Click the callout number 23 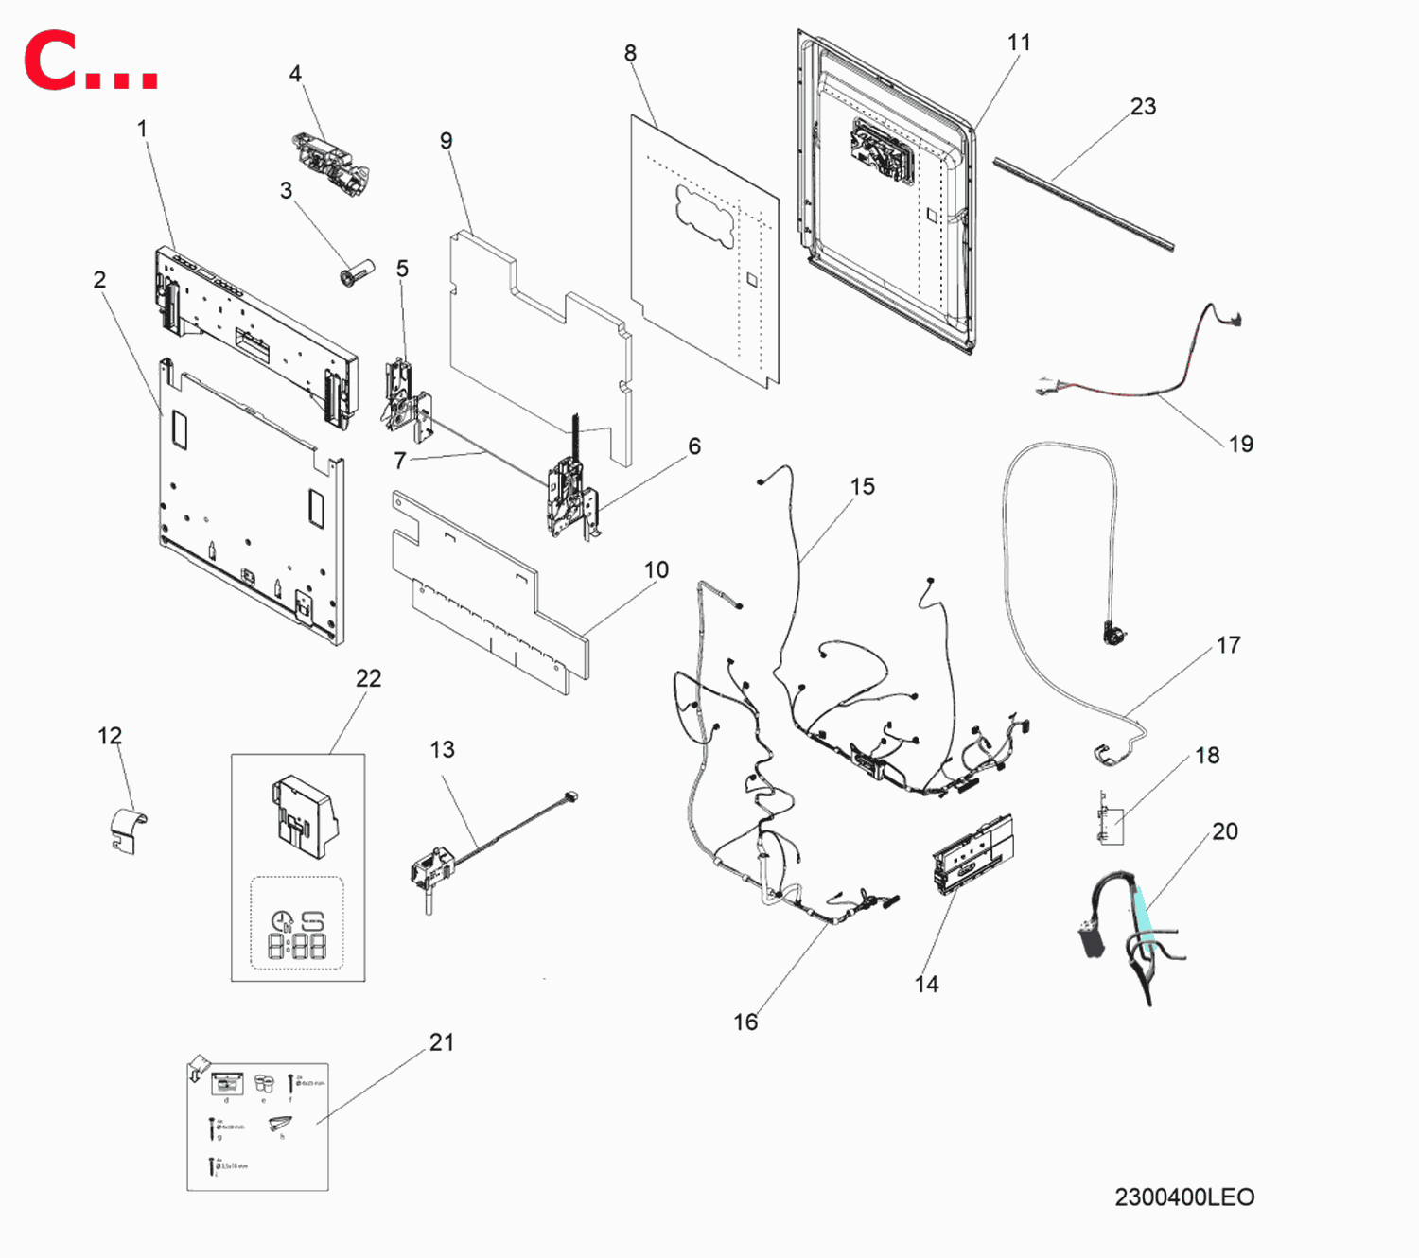point(1143,107)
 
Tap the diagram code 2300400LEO point(1184,1197)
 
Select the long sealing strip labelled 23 point(1083,204)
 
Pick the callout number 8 point(630,54)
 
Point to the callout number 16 point(745,1022)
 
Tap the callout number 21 point(442,1042)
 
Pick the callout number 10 point(657,570)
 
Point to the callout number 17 point(1228,645)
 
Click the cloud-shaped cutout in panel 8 point(705,216)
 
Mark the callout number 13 point(442,750)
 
